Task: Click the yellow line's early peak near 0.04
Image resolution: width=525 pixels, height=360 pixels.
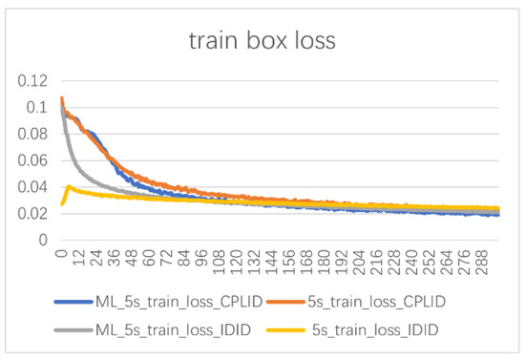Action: click(69, 187)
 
